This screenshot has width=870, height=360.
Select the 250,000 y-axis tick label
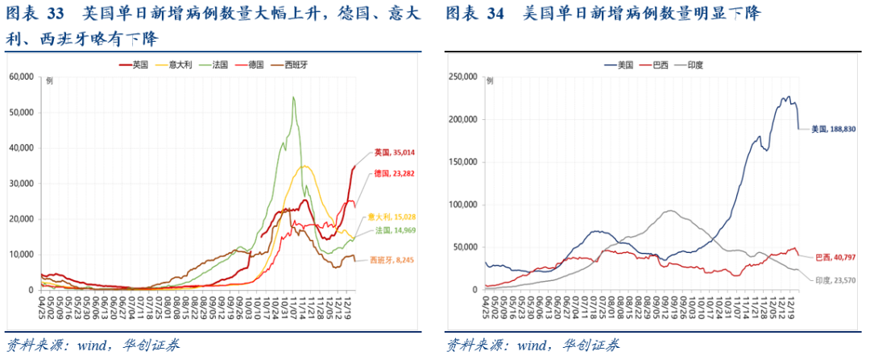(x=462, y=77)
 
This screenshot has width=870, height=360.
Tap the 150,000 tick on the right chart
(x=462, y=162)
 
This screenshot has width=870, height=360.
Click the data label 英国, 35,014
(x=393, y=152)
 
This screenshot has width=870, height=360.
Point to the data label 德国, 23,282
(x=393, y=174)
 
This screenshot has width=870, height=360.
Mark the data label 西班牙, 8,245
(x=392, y=260)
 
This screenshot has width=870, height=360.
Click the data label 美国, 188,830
(x=833, y=129)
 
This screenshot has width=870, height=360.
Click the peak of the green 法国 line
(x=293, y=97)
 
